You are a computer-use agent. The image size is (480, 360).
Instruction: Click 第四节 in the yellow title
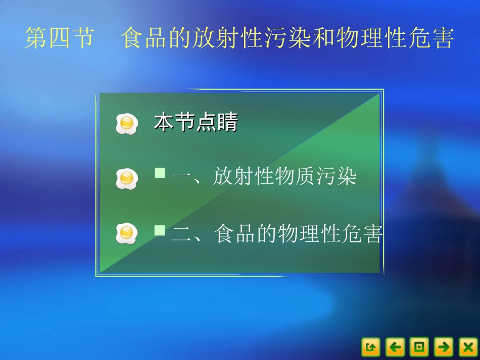point(60,39)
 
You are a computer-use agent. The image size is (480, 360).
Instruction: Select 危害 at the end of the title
point(431,39)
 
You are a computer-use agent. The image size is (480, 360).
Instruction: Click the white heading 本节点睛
point(196,123)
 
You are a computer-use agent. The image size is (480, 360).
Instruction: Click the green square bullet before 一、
point(160,174)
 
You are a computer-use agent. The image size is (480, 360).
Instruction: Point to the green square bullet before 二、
point(160,231)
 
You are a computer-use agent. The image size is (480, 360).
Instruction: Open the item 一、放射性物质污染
point(264,177)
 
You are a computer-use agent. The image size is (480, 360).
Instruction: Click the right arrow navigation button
point(444,347)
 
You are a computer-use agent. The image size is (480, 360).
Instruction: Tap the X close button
point(468,347)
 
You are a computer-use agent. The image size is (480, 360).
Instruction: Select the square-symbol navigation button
point(419,347)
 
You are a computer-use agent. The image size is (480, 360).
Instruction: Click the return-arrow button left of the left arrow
point(370,347)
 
